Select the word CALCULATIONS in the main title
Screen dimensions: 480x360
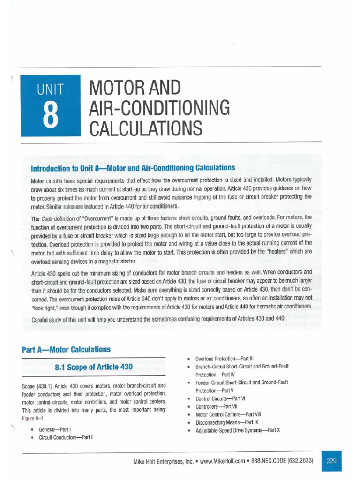click(142, 127)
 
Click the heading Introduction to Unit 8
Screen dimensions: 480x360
click(133, 167)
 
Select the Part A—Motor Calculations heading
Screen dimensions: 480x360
click(66, 349)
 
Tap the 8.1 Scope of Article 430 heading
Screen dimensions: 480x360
click(94, 367)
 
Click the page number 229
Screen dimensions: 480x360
click(332, 461)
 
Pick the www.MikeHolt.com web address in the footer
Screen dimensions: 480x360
click(223, 461)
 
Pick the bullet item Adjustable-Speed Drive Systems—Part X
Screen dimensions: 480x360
click(238, 430)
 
